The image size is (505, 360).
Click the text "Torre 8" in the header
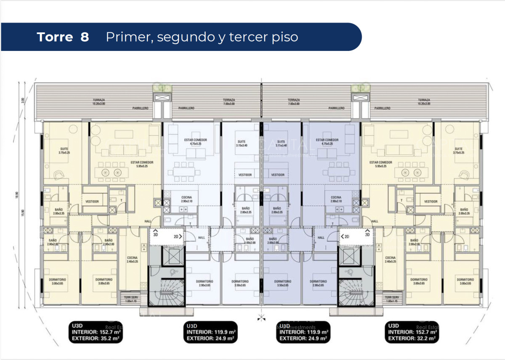(63, 37)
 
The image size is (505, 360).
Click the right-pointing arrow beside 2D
(181, 237)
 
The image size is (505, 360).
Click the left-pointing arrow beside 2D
(342, 237)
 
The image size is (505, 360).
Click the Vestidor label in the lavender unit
(277, 175)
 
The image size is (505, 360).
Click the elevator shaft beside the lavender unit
(349, 257)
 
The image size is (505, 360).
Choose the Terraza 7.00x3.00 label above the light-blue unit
(229, 102)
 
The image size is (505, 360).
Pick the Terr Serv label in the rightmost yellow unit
(392, 298)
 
